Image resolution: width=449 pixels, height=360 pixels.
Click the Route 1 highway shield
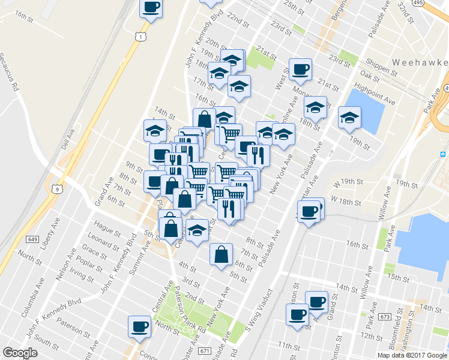point(139,37)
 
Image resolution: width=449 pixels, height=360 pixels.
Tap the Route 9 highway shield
point(57,190)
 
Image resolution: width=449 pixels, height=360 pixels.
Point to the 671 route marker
point(205,350)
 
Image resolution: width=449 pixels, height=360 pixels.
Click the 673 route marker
point(385,316)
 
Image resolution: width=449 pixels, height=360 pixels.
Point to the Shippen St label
point(379,68)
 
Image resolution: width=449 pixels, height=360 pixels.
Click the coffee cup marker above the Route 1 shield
point(151,8)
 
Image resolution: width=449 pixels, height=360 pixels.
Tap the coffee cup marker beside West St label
point(300,69)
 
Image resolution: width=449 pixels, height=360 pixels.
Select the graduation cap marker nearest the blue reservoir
point(349,118)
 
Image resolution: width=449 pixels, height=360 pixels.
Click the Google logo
point(21,353)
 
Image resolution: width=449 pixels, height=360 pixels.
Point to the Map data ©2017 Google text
point(412,355)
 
